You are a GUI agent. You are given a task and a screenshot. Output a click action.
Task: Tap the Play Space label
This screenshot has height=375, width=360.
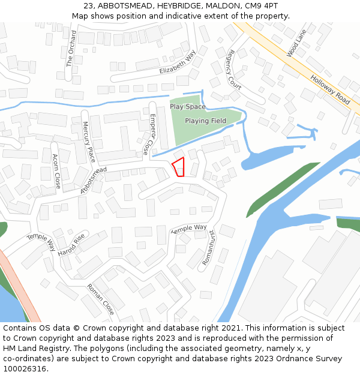point(187,107)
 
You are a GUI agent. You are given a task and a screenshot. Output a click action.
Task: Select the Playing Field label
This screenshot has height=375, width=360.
point(205,121)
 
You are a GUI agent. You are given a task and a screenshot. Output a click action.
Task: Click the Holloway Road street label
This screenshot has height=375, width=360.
point(330,89)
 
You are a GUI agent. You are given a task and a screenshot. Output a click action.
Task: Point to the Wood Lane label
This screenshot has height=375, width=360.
point(296,43)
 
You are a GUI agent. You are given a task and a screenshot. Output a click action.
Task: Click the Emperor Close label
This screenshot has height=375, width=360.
point(149,134)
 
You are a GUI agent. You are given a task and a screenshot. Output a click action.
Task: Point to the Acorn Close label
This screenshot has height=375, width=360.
point(56,172)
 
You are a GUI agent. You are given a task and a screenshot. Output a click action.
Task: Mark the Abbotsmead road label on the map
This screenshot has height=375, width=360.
point(93,180)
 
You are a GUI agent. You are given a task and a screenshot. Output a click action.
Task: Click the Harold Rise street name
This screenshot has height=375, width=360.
point(71,245)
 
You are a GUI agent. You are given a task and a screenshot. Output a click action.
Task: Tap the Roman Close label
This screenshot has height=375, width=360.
point(100,299)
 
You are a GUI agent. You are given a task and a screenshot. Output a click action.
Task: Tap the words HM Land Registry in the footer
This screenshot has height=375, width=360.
point(31,349)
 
